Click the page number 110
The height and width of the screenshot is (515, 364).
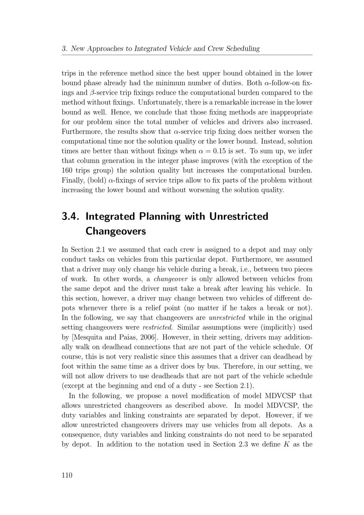tap(67, 475)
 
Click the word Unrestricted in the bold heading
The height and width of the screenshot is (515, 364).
tap(239, 216)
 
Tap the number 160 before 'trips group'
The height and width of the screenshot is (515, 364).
tap(67, 170)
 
